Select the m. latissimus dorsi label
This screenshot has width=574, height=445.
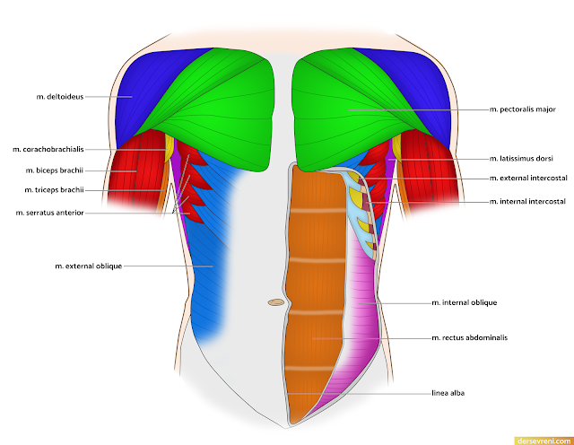click(x=519, y=158)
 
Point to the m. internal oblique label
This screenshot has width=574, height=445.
click(x=464, y=303)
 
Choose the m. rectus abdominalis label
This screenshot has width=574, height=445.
click(x=469, y=338)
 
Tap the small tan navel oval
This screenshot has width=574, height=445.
click(x=276, y=303)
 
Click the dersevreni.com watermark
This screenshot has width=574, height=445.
click(x=544, y=440)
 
